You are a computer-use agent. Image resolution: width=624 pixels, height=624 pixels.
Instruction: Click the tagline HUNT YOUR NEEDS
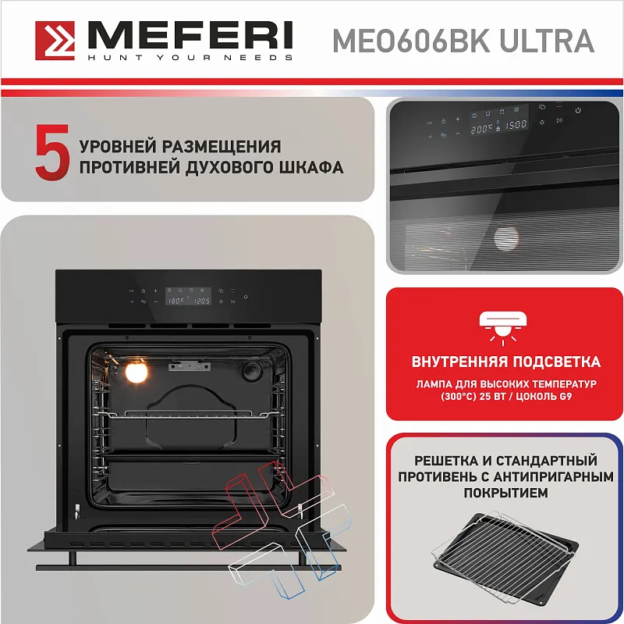[x=189, y=57]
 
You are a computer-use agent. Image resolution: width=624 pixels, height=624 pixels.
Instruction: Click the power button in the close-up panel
[x=578, y=110]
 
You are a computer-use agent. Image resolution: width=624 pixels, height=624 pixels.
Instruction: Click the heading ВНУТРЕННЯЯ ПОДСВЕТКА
[x=505, y=362]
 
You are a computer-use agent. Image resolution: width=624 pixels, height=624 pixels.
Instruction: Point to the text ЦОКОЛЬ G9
[x=544, y=397]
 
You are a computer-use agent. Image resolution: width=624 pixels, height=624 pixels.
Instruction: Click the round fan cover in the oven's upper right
[x=254, y=373]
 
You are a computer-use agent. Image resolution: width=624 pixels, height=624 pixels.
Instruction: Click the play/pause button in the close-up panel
[x=559, y=120]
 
